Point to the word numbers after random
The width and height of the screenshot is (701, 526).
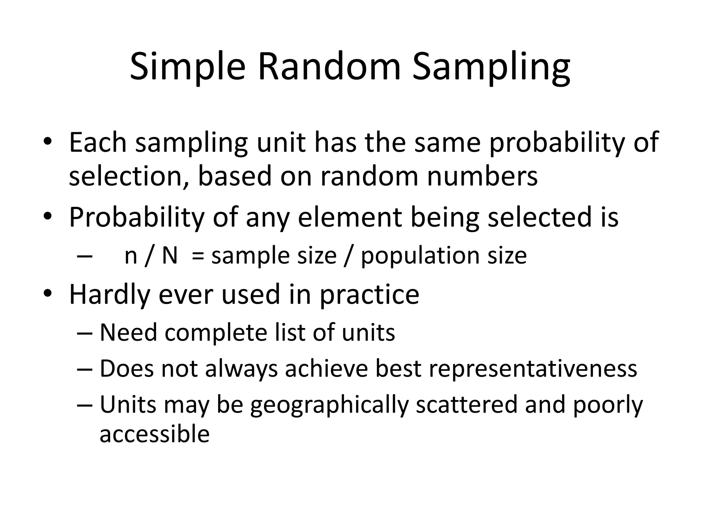click(x=482, y=176)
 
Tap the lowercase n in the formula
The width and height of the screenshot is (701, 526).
click(x=131, y=256)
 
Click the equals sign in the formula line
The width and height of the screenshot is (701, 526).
click(x=198, y=256)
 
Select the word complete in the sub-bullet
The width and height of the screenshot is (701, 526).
click(x=216, y=333)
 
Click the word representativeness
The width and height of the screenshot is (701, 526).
click(x=533, y=369)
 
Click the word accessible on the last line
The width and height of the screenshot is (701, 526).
click(x=154, y=434)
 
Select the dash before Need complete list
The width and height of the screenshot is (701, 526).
click(x=85, y=333)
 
